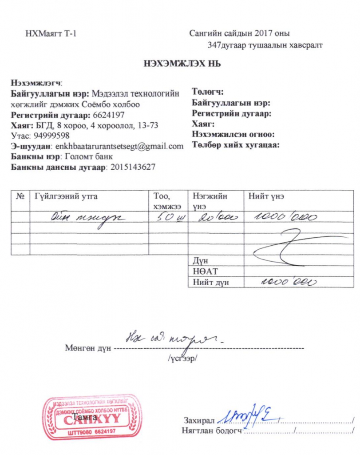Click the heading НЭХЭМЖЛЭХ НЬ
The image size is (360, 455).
[182, 64]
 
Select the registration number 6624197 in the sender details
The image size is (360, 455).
[108, 115]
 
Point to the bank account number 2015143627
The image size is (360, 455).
[132, 167]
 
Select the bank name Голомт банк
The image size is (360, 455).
[89, 156]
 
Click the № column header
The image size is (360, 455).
[20, 196]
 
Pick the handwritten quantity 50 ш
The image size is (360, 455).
[169, 217]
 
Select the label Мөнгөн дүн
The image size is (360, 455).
[88, 348]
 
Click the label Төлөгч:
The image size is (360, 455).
[207, 92]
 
